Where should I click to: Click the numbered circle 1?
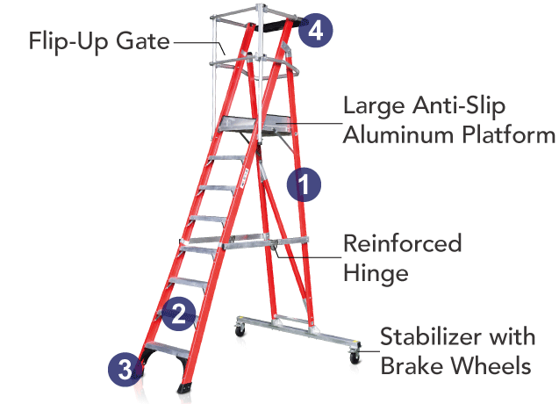305,184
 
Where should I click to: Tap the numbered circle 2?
178,312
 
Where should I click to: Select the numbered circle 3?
125,368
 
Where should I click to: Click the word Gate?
141,40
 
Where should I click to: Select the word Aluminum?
400,135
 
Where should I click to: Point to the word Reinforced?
402,243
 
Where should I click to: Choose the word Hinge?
376,272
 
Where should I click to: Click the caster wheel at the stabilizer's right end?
353,354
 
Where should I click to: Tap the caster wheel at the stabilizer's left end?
239,332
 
